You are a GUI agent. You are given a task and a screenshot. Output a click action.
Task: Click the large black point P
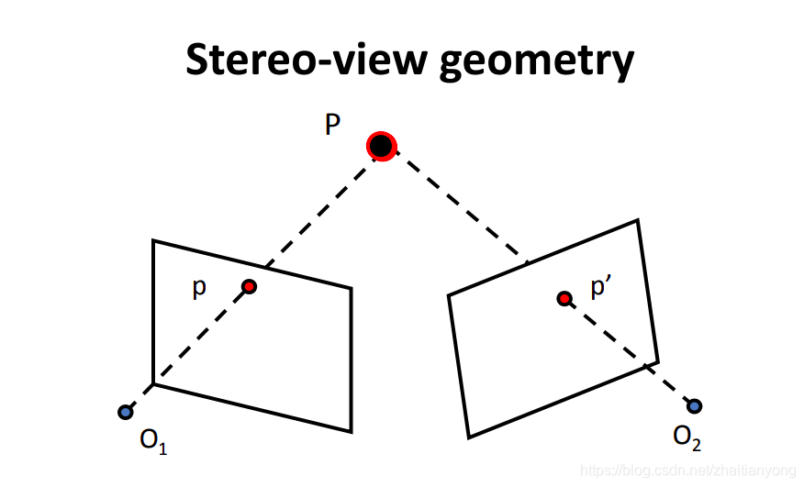coord(380,146)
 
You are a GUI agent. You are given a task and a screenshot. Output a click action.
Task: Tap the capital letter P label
coord(333,126)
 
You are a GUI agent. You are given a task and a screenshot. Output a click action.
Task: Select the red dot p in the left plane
coord(249,286)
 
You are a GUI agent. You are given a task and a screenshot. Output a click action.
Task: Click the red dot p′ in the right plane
coord(564,298)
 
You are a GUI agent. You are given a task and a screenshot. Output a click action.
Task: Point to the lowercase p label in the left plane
coord(199,288)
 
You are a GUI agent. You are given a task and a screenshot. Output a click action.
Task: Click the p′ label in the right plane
coord(601,289)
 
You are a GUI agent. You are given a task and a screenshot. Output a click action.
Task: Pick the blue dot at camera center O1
coord(125,412)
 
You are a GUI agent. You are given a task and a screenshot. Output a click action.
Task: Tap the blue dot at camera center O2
coord(694,405)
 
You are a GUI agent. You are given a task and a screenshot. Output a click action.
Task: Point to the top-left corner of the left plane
coord(153,240)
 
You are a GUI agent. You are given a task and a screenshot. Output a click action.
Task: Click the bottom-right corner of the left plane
coord(352,431)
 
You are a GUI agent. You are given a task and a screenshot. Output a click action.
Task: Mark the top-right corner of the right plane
coord(637,220)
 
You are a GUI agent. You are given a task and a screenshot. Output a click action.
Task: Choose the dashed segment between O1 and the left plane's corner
coord(140,398)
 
